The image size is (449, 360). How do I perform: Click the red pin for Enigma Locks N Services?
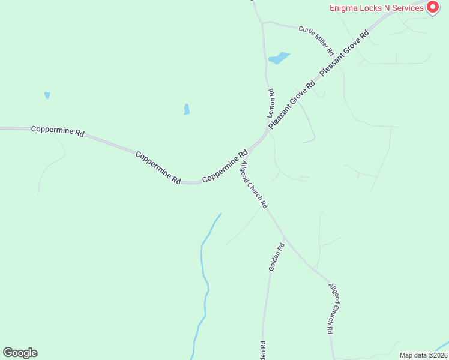coord(432,7)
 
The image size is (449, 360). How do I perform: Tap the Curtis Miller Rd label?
coord(316,38)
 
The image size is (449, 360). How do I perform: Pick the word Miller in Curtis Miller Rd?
coord(318,40)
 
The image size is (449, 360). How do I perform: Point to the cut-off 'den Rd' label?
coord(262,350)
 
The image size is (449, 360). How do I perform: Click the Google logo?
coord(20,353)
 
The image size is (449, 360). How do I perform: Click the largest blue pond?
coord(279,58)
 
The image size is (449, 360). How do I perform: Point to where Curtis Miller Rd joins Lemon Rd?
coord(263,23)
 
